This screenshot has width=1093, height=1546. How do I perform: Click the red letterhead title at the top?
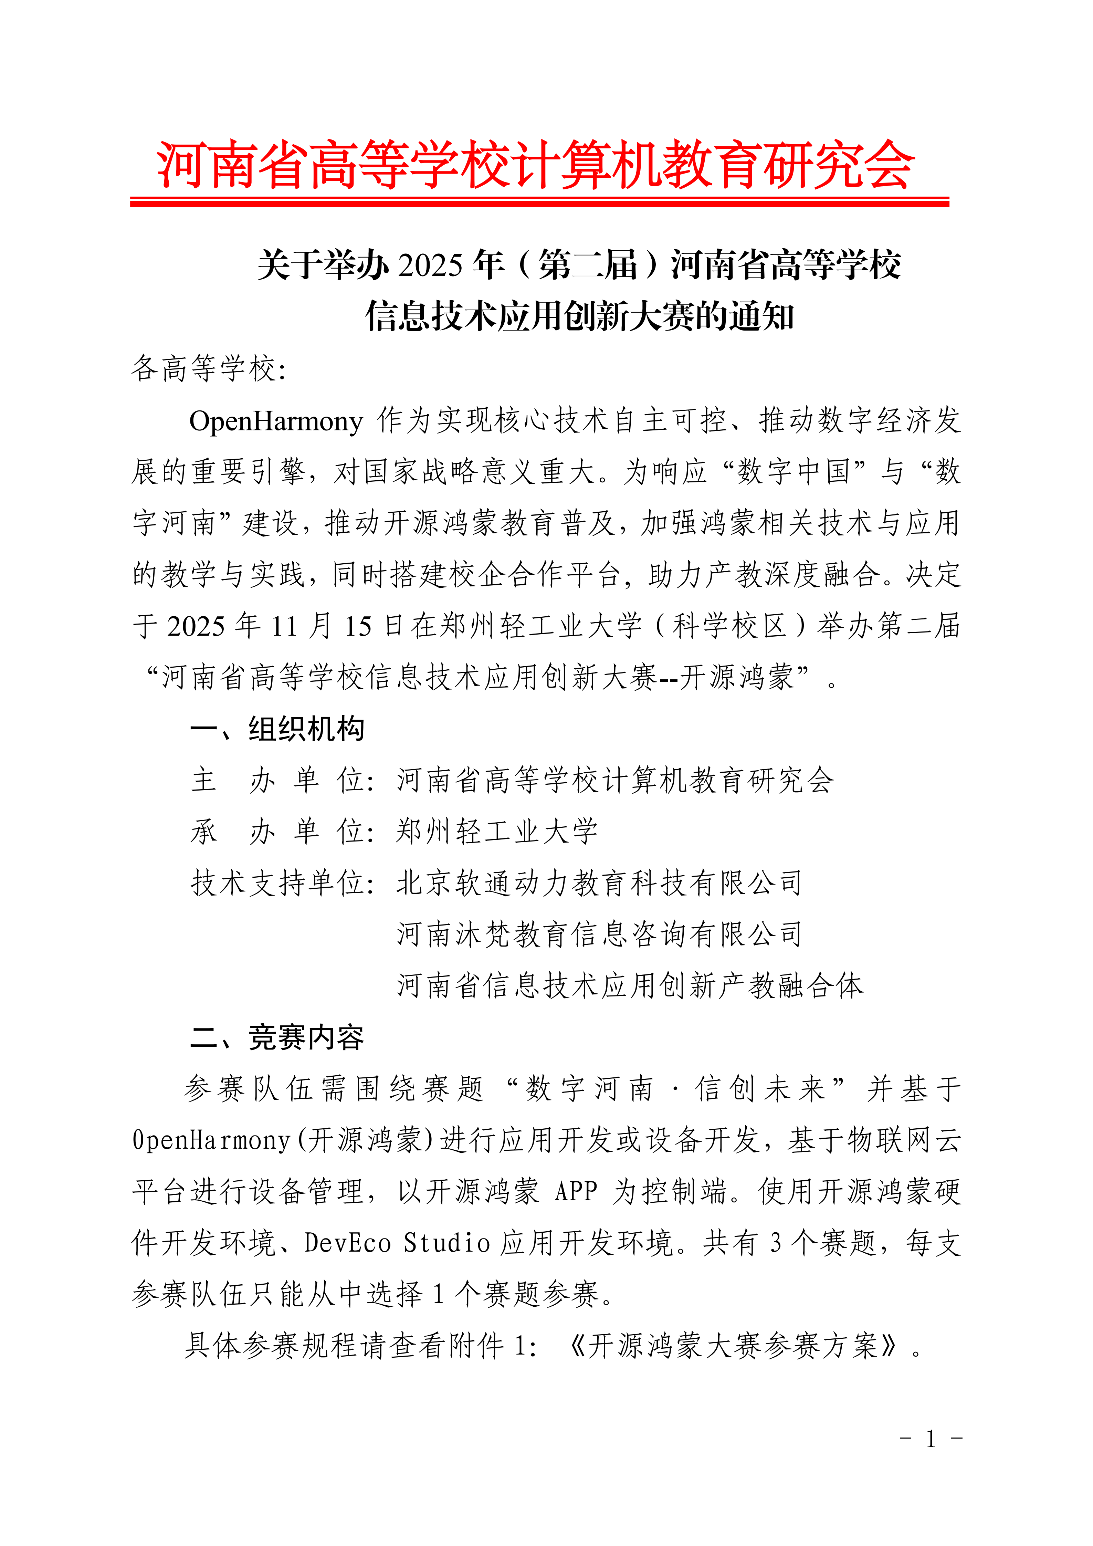(x=535, y=165)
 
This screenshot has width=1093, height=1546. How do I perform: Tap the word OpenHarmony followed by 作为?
(x=276, y=421)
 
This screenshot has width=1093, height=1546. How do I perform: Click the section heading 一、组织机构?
(x=277, y=729)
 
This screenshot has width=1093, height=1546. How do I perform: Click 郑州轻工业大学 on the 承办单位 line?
(x=497, y=832)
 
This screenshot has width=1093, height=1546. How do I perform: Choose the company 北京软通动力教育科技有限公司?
(x=599, y=884)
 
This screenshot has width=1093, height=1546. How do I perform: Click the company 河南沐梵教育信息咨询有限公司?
(x=599, y=934)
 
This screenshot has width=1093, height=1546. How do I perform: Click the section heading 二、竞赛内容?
(x=277, y=1038)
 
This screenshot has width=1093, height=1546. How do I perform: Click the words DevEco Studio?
(x=397, y=1243)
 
